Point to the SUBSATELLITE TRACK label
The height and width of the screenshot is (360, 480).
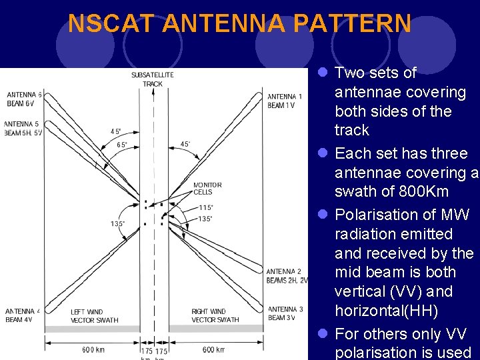coord(153,79)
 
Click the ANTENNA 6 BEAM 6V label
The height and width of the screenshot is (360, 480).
coord(23,99)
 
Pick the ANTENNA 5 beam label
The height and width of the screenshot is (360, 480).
coord(23,129)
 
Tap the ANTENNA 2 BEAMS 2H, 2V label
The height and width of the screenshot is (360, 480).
coord(287,276)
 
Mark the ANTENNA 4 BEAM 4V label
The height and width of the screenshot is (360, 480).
coord(23,315)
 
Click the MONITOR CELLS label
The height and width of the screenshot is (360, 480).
coord(207,188)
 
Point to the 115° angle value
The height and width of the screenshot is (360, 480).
coord(206,208)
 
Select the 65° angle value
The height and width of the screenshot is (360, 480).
coord(122,145)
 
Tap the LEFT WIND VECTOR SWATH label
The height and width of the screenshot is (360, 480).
coord(95,315)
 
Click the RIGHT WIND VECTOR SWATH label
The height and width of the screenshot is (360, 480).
coord(215,315)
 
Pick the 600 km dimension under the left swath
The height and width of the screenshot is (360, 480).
coord(93,350)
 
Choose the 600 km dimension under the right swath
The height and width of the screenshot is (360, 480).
coord(214,350)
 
